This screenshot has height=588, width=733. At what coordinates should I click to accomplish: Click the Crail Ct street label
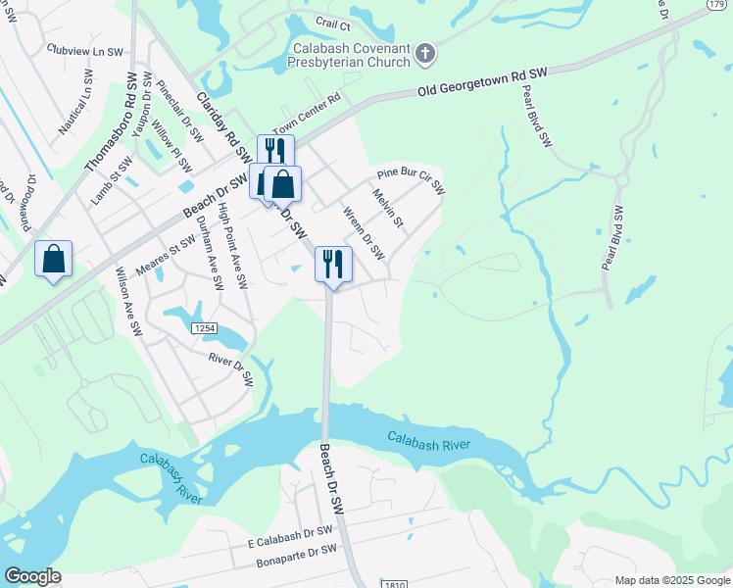click(x=332, y=22)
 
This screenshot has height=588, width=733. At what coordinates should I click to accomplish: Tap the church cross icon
click(x=424, y=53)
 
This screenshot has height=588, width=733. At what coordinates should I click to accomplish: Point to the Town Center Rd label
click(x=305, y=114)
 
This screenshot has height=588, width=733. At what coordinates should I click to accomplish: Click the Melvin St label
click(x=387, y=208)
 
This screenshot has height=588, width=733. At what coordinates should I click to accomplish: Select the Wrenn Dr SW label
click(x=363, y=233)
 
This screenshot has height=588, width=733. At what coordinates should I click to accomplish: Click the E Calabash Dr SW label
click(x=291, y=535)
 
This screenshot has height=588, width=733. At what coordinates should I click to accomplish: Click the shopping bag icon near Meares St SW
click(x=54, y=260)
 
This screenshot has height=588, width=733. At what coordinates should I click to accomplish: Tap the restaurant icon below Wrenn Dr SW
click(x=333, y=263)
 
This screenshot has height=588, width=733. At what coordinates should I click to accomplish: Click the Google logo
click(x=32, y=576)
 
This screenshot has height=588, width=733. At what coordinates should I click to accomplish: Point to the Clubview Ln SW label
click(x=85, y=49)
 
